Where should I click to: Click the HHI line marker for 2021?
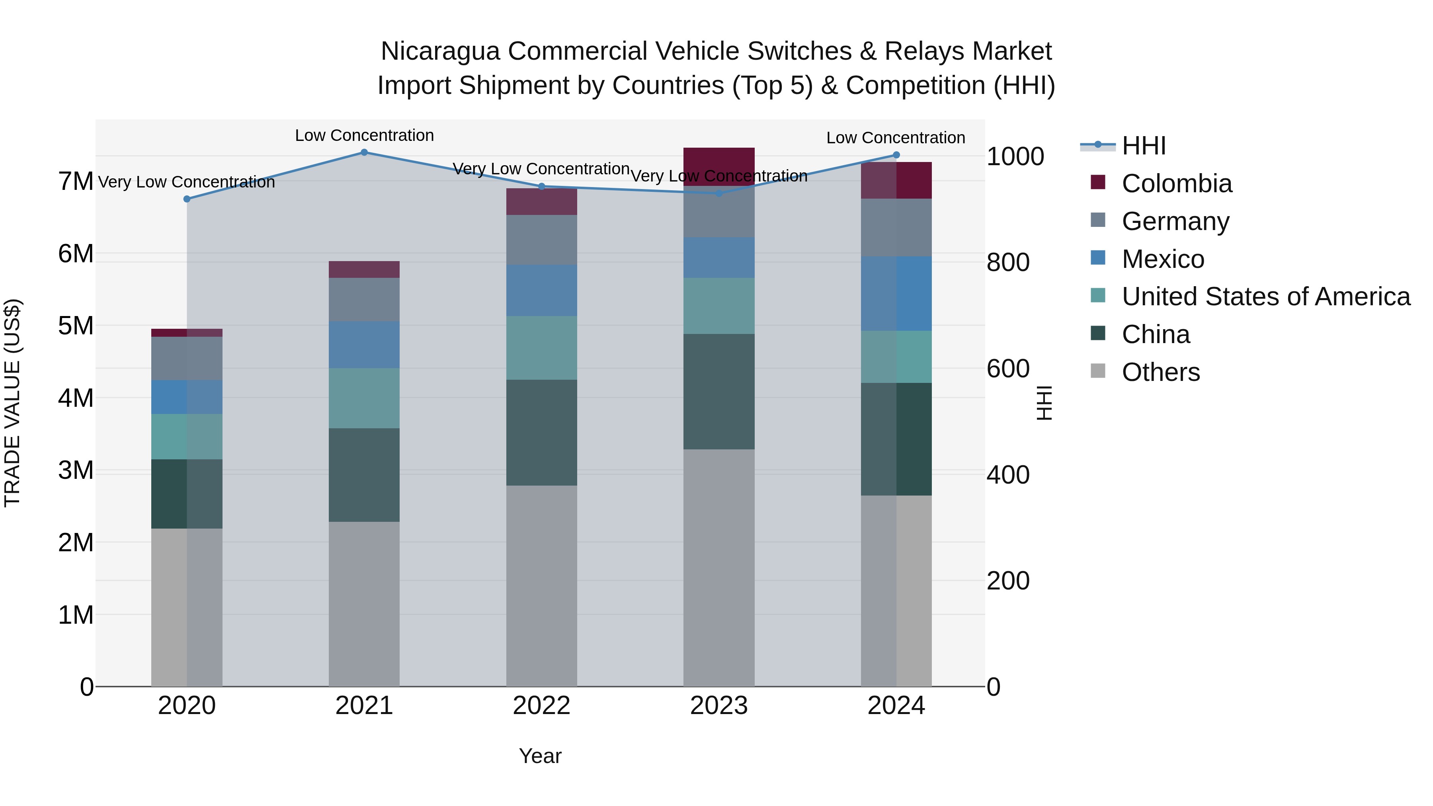click(364, 152)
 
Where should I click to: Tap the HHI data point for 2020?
click(187, 199)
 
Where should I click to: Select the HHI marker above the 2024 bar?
click(896, 155)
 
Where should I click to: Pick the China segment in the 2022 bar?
click(541, 432)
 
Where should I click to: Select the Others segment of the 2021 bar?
click(364, 603)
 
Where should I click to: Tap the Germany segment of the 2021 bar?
click(364, 299)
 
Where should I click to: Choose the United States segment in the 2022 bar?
click(541, 347)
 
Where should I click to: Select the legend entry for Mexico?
click(1163, 259)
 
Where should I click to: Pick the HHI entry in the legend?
click(1143, 146)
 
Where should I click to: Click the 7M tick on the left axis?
click(76, 181)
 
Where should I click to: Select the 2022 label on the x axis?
click(541, 705)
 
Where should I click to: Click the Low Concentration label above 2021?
click(364, 135)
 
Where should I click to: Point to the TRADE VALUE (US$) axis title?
click(12, 403)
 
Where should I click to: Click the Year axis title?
click(540, 756)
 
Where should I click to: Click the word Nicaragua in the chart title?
click(439, 51)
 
